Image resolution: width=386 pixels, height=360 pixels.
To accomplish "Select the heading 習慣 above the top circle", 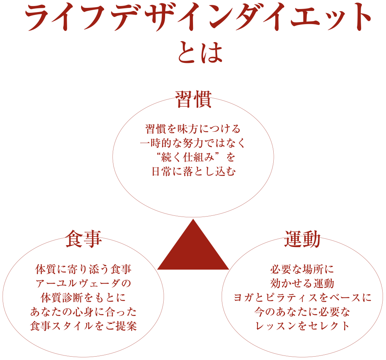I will [x=193, y=99].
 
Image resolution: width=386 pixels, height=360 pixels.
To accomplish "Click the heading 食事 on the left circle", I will [x=83, y=239].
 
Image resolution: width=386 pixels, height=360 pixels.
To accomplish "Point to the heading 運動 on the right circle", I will [x=302, y=239].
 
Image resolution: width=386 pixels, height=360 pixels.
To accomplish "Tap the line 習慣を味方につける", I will [x=193, y=129].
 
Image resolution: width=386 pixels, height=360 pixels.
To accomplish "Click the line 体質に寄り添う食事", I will [x=83, y=270].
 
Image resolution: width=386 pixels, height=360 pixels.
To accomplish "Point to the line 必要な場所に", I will [x=302, y=270].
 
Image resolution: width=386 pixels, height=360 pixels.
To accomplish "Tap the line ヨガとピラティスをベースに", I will [x=302, y=297].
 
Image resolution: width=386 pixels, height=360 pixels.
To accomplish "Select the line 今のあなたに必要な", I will [x=302, y=311].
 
